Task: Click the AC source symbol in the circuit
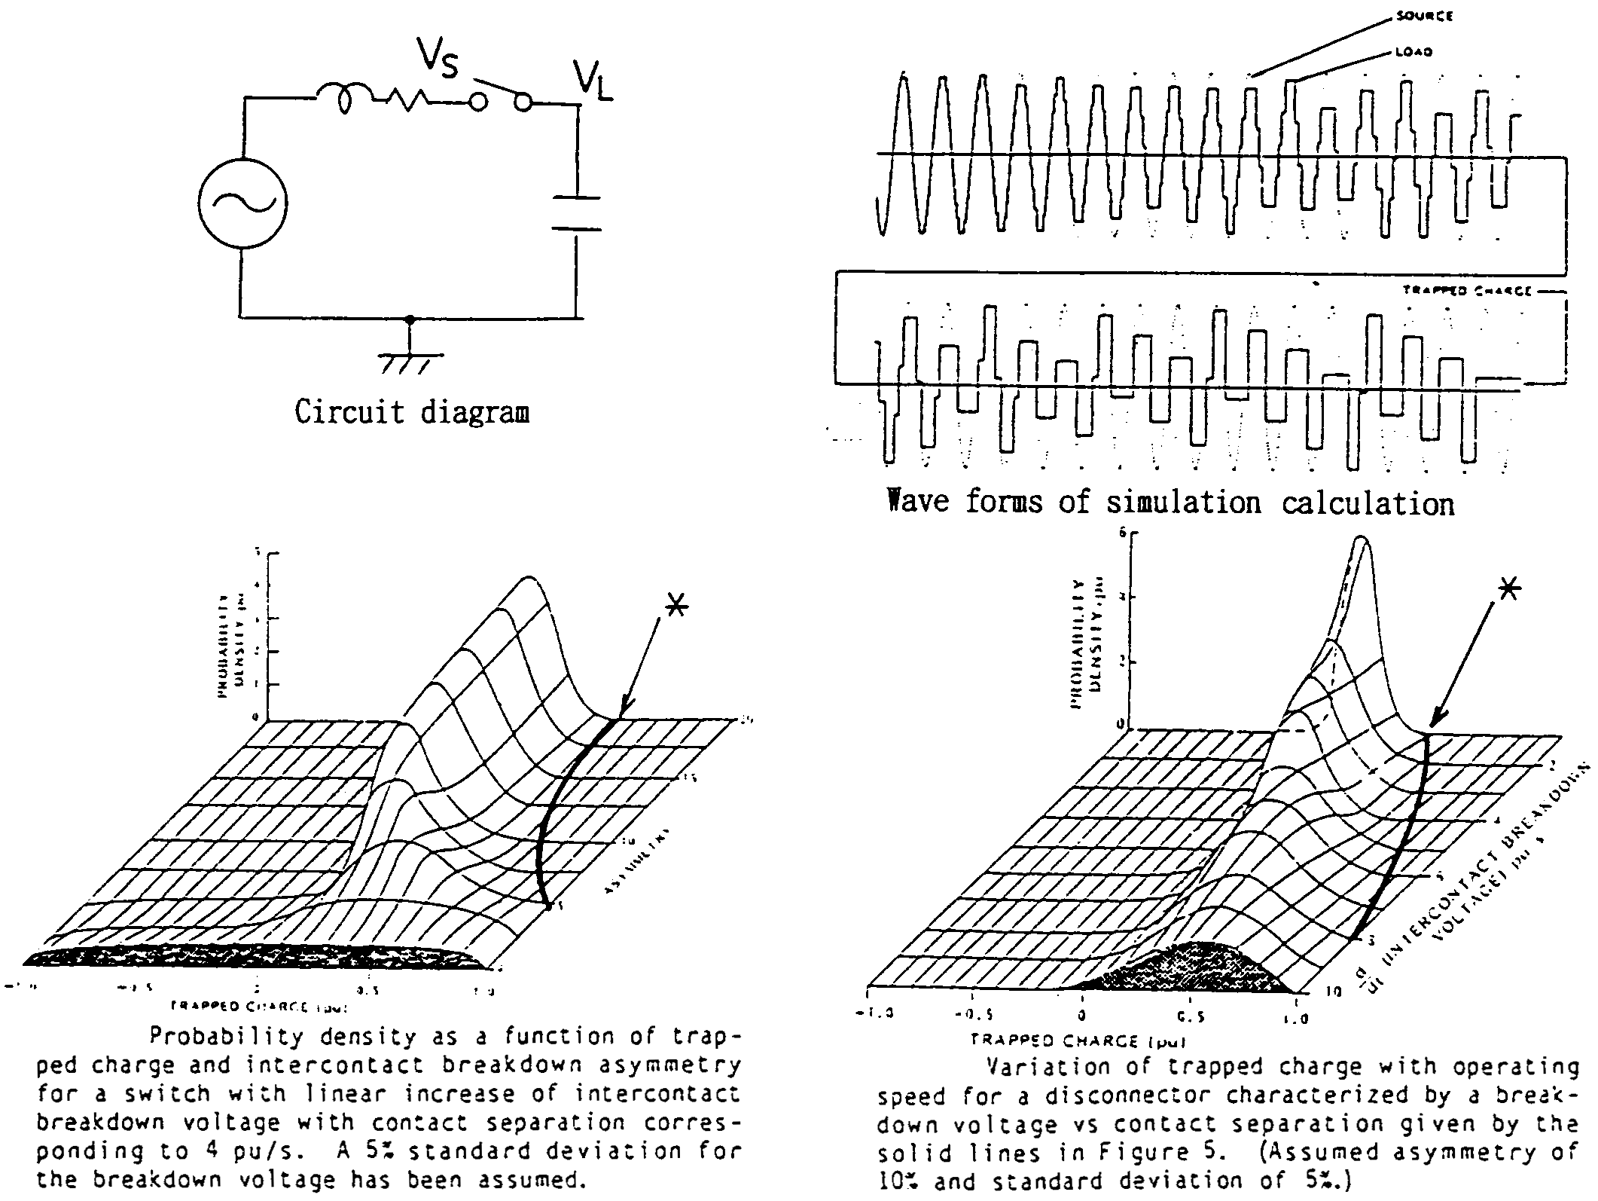pos(242,204)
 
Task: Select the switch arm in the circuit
pos(496,93)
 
